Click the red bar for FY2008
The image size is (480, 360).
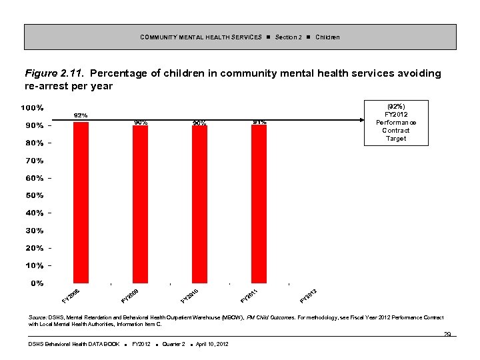point(81,203)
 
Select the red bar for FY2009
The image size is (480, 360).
point(140,204)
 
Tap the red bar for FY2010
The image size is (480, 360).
point(199,204)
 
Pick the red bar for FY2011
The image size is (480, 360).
point(259,203)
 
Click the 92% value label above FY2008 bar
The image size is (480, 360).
point(81,116)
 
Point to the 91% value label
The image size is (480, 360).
point(259,122)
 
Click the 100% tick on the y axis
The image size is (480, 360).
point(31,108)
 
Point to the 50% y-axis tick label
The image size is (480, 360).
point(34,195)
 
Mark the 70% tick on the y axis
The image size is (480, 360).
point(34,161)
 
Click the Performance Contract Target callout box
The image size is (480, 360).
point(396,122)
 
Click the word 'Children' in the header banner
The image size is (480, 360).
point(327,37)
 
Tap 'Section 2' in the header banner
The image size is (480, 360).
point(288,37)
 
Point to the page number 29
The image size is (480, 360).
point(448,333)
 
